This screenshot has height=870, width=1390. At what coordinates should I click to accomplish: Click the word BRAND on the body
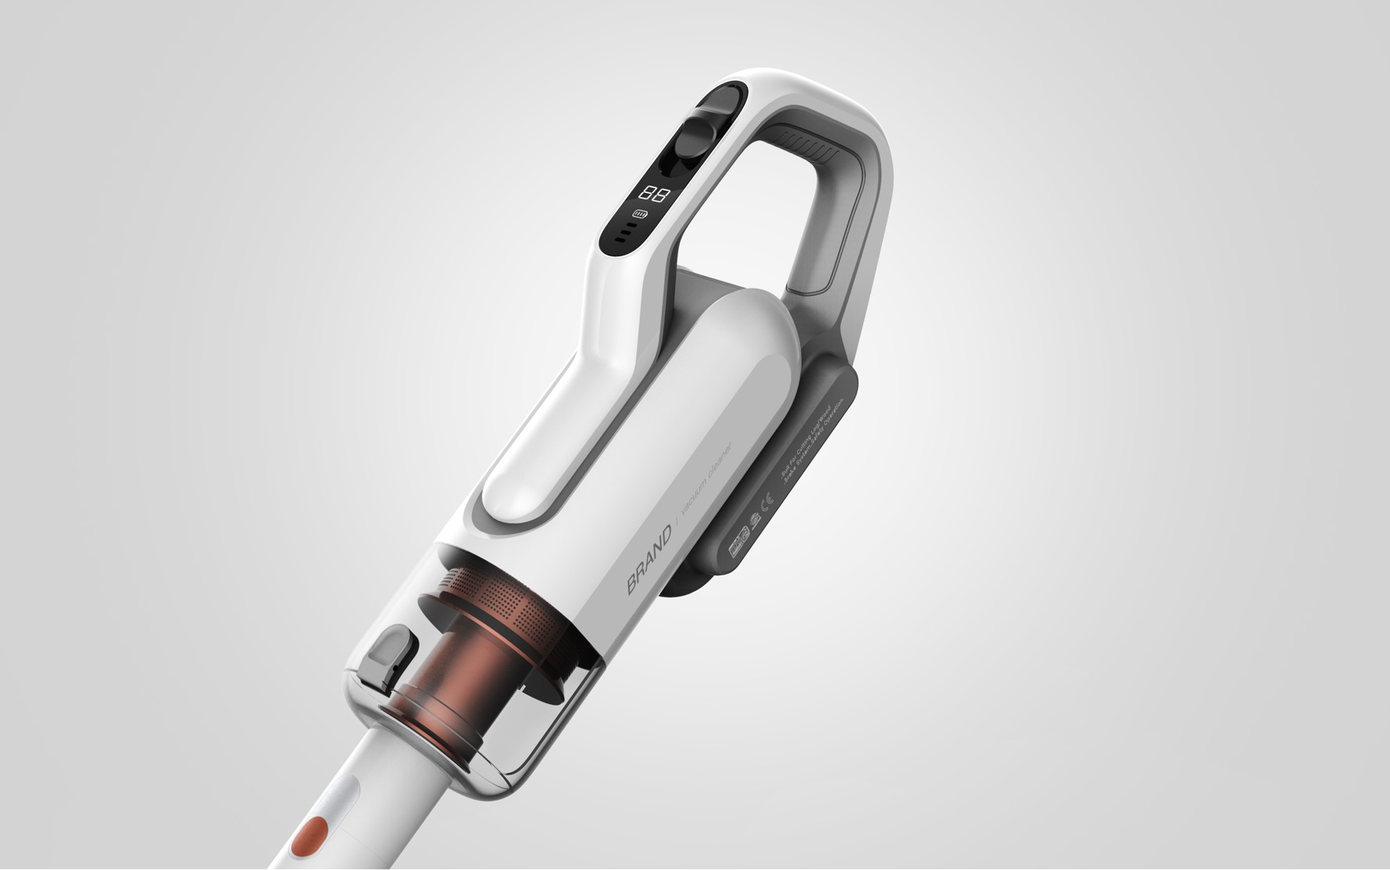(649, 560)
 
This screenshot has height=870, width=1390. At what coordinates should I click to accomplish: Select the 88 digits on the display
(653, 194)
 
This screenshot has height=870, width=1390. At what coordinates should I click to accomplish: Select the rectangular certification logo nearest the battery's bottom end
(738, 542)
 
